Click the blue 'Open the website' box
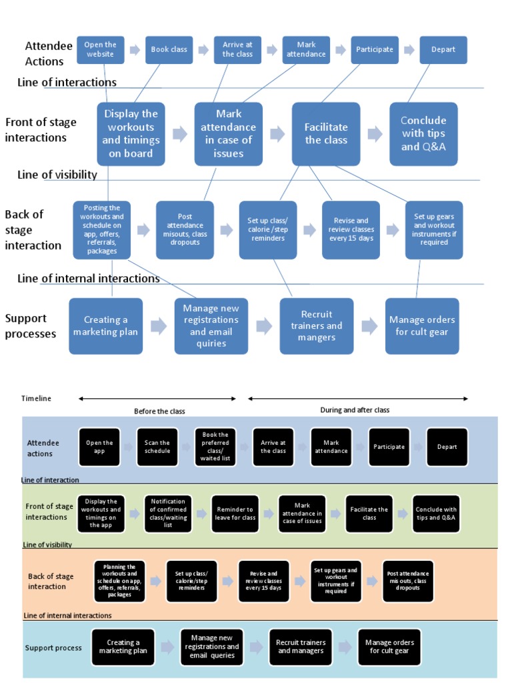[100, 50]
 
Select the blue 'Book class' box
[169, 50]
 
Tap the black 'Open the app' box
[99, 447]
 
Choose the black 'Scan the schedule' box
[157, 447]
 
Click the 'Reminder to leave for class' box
[235, 514]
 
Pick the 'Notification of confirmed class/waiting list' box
[168, 514]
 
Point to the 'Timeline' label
[36, 398]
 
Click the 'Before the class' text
[159, 411]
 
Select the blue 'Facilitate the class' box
[326, 134]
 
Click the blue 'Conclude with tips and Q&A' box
[423, 134]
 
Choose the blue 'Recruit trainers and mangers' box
[317, 326]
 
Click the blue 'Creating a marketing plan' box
[106, 326]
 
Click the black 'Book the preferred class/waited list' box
[215, 447]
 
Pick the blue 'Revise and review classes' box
[351, 230]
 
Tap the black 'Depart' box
[447, 447]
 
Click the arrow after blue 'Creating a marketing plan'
[159, 326]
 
